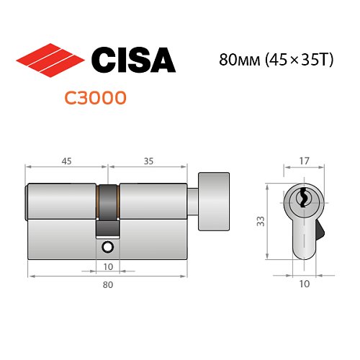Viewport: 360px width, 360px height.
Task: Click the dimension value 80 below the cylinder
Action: coord(108,285)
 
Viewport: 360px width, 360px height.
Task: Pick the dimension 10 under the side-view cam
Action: coord(108,267)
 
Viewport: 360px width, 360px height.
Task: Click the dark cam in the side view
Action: coord(107,209)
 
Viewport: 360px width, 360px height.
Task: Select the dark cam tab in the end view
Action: coord(319,233)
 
